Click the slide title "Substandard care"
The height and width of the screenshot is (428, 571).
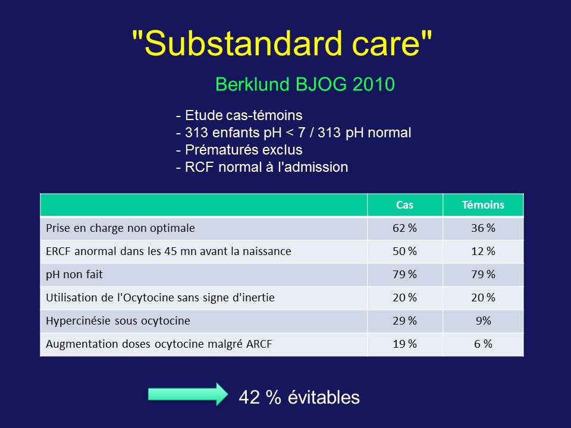(x=282, y=43)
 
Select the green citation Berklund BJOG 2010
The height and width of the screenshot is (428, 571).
(x=305, y=84)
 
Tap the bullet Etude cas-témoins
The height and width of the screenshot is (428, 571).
(x=239, y=115)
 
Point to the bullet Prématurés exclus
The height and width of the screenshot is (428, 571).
(x=239, y=150)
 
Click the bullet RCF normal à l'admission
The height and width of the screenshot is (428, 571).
(x=262, y=167)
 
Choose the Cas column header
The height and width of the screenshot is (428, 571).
(x=404, y=205)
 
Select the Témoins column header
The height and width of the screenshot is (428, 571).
(x=483, y=205)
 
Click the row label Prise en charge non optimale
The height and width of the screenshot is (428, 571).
(x=120, y=228)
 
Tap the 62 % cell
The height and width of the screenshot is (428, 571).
(x=404, y=228)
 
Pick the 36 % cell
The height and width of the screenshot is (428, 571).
(x=483, y=228)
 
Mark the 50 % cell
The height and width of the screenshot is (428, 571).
(x=404, y=251)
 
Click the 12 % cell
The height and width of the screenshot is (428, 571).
(x=483, y=251)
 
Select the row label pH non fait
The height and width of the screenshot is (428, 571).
(x=74, y=275)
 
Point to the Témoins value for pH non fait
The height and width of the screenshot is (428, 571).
(x=483, y=275)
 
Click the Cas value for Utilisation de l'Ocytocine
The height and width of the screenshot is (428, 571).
(x=404, y=298)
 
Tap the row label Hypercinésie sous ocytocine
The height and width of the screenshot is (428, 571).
(x=118, y=320)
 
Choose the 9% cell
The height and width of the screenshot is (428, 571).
(x=483, y=320)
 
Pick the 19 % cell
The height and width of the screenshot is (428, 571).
(x=404, y=344)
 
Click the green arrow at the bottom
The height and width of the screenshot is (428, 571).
(x=188, y=394)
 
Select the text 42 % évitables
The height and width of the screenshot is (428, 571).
(x=299, y=397)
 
